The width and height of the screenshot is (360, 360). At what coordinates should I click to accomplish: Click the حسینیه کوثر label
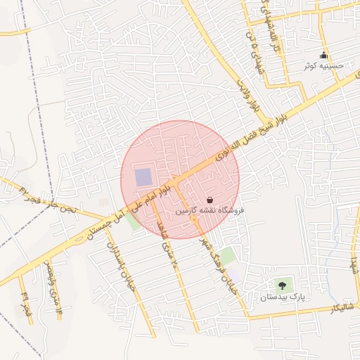(324, 66)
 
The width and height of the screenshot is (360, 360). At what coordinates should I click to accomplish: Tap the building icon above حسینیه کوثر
(323, 56)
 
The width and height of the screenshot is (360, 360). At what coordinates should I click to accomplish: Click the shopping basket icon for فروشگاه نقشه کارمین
(210, 200)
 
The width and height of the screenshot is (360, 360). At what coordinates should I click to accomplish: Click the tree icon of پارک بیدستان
(282, 285)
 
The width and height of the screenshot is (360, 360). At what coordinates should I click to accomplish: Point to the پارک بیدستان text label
(282, 297)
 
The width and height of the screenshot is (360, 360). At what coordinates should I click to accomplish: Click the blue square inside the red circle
(143, 177)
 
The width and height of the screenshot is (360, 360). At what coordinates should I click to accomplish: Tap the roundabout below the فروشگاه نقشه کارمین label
(193, 221)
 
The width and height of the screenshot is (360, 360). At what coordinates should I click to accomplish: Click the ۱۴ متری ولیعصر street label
(53, 287)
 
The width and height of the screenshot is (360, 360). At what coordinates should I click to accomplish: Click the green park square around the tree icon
(283, 286)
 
